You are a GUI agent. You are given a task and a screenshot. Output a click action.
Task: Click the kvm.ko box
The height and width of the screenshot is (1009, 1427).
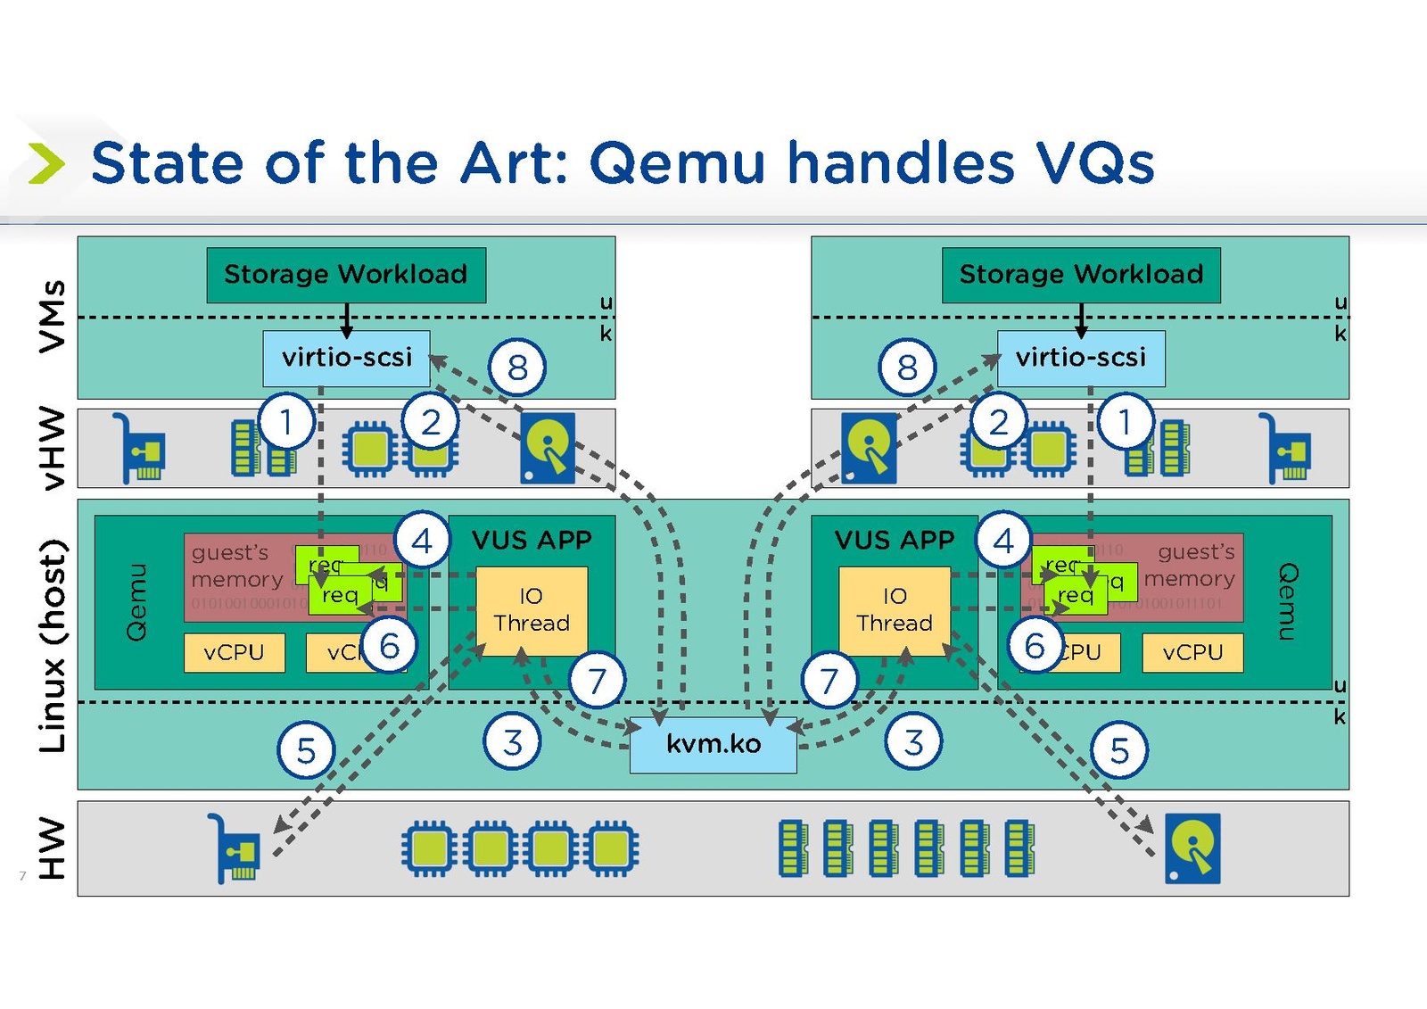click(x=713, y=744)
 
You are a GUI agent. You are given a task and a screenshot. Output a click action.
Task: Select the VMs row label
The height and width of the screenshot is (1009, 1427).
click(x=53, y=316)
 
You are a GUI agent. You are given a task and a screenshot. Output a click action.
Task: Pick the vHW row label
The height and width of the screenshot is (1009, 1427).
click(x=53, y=448)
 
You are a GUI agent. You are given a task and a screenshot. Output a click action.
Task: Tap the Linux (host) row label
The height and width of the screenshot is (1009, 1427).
click(x=53, y=644)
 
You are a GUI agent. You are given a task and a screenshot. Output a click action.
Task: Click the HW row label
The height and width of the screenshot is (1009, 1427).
click(x=53, y=848)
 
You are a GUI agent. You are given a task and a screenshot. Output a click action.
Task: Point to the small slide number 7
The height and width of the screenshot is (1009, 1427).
click(x=22, y=876)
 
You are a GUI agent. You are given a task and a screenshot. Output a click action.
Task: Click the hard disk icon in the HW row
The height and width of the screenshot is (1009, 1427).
click(x=1192, y=848)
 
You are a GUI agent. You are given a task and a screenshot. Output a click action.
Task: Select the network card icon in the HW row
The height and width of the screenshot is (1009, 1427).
click(x=234, y=848)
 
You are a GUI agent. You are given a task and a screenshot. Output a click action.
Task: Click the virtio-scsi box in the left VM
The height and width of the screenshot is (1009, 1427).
click(x=346, y=358)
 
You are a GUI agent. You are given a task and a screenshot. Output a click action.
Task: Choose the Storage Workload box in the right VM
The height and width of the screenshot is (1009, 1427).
click(x=1081, y=275)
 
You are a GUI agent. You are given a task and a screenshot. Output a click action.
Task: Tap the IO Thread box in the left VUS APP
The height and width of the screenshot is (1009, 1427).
click(x=532, y=610)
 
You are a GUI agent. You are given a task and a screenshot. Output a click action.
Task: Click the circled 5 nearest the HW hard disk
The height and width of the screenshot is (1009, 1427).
click(x=1119, y=750)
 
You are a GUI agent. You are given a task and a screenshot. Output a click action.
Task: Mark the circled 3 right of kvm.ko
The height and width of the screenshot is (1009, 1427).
click(x=913, y=741)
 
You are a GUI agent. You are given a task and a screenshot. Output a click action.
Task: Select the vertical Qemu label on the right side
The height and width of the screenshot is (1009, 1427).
click(x=1288, y=601)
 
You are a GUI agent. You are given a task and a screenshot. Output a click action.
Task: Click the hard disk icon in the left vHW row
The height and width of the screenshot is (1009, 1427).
click(x=547, y=447)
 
